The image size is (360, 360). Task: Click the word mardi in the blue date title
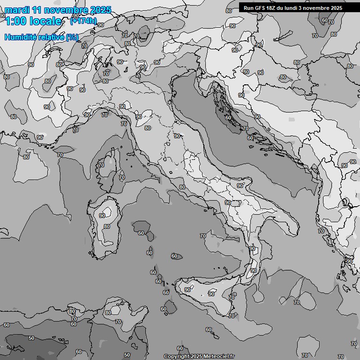coord(16,10)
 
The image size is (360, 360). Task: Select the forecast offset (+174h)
coord(83,21)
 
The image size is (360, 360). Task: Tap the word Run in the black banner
coord(248,8)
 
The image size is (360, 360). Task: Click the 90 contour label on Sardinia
coord(102,216)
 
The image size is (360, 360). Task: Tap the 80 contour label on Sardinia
coord(107,226)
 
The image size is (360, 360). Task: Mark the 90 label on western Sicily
coord(187,290)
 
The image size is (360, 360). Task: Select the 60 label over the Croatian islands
coord(228,118)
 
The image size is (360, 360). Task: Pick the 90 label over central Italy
coord(177,136)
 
